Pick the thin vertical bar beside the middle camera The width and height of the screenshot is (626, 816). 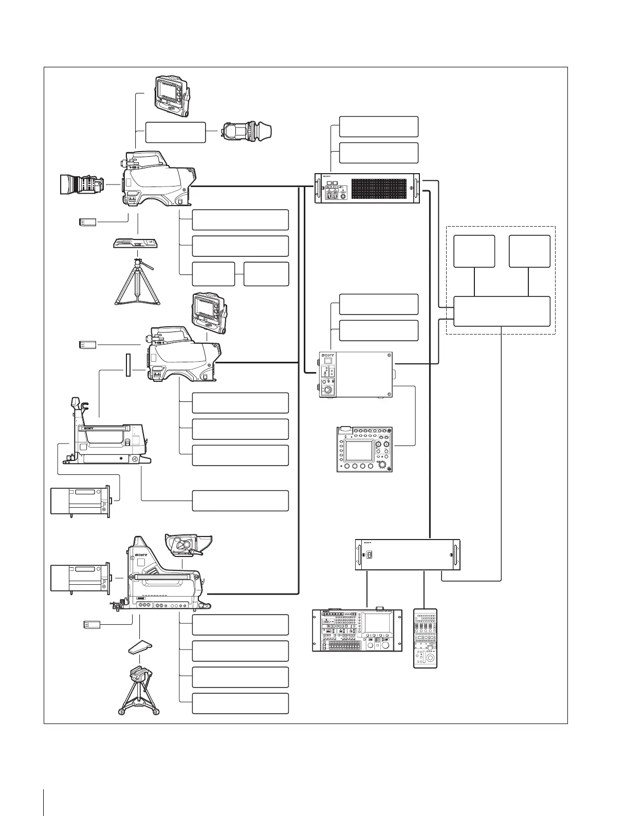pyautogui.click(x=127, y=365)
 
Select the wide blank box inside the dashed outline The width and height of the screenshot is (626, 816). pyautogui.click(x=502, y=311)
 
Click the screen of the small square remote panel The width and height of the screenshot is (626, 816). pyautogui.click(x=358, y=451)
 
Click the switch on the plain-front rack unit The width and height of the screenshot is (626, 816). pyautogui.click(x=368, y=554)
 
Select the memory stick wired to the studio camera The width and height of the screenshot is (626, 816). pyautogui.click(x=92, y=625)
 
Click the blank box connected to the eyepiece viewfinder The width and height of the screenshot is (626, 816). pyautogui.click(x=176, y=132)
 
